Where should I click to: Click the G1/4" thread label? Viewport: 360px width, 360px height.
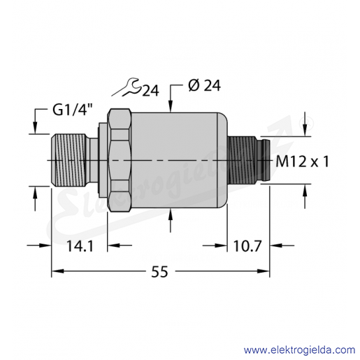pyautogui.click(x=73, y=110)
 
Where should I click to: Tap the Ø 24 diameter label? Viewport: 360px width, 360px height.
pyautogui.click(x=204, y=85)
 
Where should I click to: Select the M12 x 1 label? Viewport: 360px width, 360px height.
pyautogui.click(x=302, y=161)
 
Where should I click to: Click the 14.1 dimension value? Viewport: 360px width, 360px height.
pyautogui.click(x=80, y=246)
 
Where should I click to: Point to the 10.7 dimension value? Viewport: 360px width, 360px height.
pyautogui.click(x=247, y=246)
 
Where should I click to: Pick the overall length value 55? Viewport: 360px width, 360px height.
pyautogui.click(x=159, y=271)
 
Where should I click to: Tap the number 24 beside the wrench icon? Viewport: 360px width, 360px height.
pyautogui.click(x=150, y=90)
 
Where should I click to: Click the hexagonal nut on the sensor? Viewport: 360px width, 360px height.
pyautogui.click(x=120, y=160)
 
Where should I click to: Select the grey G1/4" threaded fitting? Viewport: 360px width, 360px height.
pyautogui.click(x=70, y=160)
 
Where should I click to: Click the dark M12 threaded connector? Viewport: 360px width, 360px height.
pyautogui.click(x=243, y=160)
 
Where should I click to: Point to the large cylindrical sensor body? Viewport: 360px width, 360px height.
pyautogui.click(x=179, y=160)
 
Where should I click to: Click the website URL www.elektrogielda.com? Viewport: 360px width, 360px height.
pyautogui.click(x=299, y=350)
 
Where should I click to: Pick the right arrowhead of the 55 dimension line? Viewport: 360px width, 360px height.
pyautogui.click(x=264, y=271)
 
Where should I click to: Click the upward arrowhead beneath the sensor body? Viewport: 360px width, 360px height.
pyautogui.click(x=171, y=215)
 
